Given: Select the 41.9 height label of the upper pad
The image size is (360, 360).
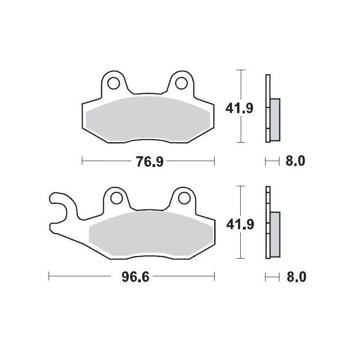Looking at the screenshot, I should [x=239, y=108].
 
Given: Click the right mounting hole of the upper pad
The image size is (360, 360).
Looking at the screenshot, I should [x=181, y=84].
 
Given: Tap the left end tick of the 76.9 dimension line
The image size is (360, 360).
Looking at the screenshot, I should [x=82, y=161].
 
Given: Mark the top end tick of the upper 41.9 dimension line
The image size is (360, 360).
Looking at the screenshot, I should [x=243, y=70].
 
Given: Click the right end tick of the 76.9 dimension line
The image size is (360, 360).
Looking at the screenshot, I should [x=214, y=161].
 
